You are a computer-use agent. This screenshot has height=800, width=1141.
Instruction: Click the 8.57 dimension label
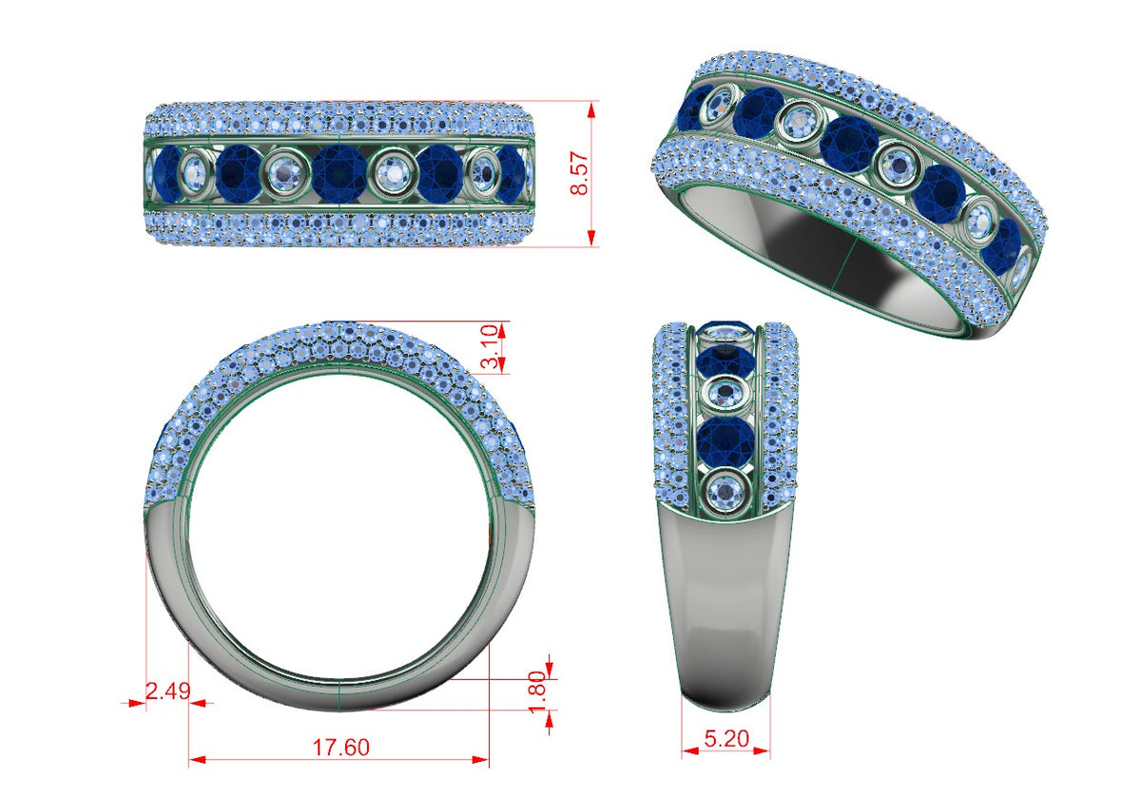click(x=580, y=173)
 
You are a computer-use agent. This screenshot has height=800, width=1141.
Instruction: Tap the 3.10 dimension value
click(x=490, y=347)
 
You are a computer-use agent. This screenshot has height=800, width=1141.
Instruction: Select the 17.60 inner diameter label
click(x=340, y=747)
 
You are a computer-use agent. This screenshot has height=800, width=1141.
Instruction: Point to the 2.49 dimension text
click(x=168, y=691)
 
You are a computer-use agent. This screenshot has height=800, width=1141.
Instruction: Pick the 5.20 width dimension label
click(x=726, y=738)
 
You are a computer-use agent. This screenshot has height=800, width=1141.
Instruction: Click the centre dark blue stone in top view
click(x=338, y=173)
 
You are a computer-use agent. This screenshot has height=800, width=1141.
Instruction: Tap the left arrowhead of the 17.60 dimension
click(x=198, y=760)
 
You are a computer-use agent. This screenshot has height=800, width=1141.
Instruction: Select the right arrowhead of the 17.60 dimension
click(x=480, y=760)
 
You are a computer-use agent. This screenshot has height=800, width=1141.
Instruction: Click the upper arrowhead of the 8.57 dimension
click(x=591, y=110)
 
